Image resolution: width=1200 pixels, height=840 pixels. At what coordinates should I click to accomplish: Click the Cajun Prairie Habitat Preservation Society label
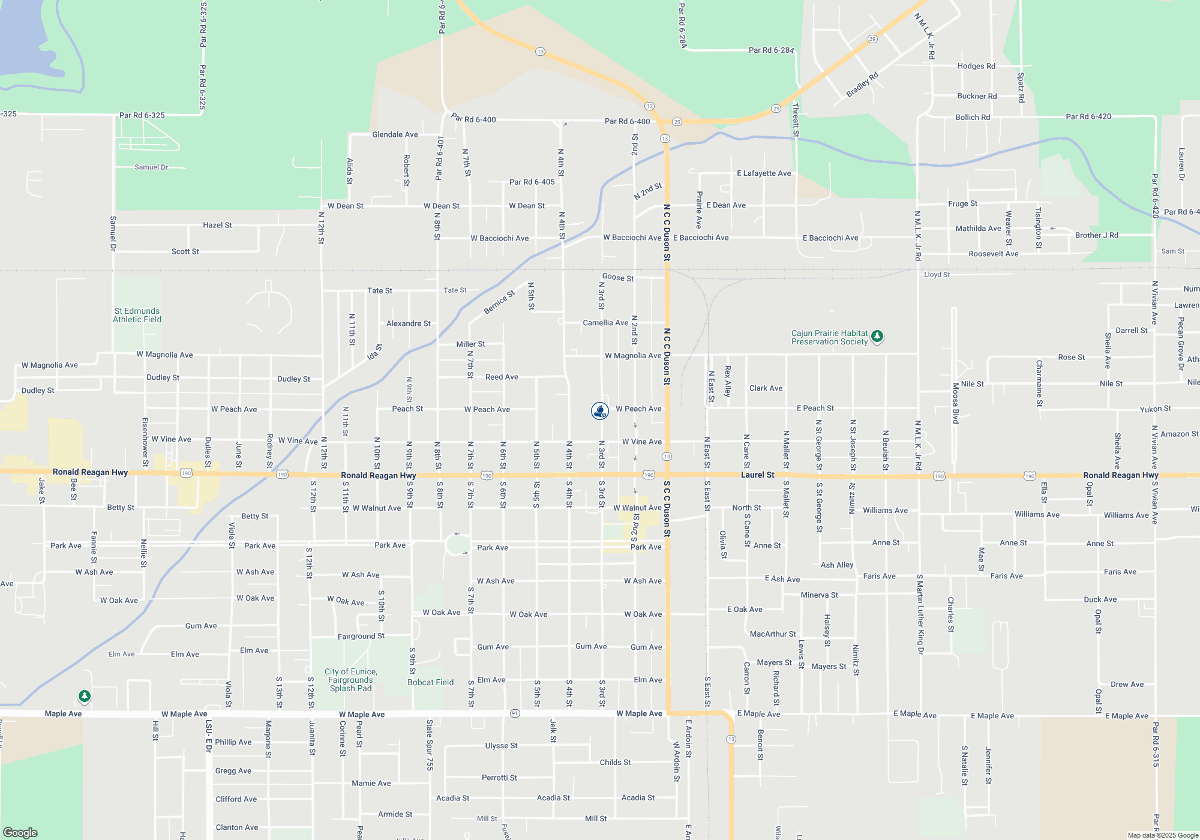[x=829, y=337]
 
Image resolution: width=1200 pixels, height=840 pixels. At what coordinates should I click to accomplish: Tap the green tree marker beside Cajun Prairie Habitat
[x=877, y=336]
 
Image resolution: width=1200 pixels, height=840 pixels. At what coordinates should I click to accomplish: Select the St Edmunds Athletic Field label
[x=137, y=315]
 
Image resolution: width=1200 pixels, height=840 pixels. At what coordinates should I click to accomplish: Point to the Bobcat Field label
[x=430, y=682]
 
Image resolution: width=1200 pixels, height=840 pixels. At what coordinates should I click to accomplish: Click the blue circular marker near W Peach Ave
[x=600, y=410]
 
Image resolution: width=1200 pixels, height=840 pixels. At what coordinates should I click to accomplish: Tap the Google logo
[x=20, y=832]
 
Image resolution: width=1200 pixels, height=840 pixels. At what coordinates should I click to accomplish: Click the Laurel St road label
[x=757, y=475]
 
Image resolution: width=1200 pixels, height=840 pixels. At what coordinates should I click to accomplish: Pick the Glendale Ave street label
[x=395, y=134]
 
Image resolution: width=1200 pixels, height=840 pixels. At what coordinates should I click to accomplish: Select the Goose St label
[x=617, y=277]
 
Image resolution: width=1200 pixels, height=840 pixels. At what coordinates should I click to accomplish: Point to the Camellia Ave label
[x=605, y=323]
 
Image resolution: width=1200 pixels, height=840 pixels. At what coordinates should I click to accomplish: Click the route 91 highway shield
[x=515, y=713]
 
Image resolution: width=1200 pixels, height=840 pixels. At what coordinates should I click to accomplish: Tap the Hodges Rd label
[x=976, y=66]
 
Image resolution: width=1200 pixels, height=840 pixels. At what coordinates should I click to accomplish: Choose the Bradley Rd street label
[x=862, y=85]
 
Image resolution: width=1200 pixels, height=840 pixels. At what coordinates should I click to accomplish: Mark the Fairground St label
[x=361, y=636]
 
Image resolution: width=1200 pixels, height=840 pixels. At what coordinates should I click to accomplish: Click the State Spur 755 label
[x=430, y=745]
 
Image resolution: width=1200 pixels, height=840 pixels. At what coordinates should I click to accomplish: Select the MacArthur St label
[x=773, y=634]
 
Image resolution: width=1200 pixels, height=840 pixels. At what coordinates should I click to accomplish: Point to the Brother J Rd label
[x=1096, y=235]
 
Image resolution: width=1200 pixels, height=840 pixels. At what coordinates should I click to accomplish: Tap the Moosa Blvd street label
[x=956, y=403]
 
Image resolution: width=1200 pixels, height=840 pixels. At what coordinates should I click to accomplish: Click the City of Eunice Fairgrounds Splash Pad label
[x=351, y=680]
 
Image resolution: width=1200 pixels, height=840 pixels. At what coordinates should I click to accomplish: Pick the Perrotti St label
[x=499, y=778]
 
